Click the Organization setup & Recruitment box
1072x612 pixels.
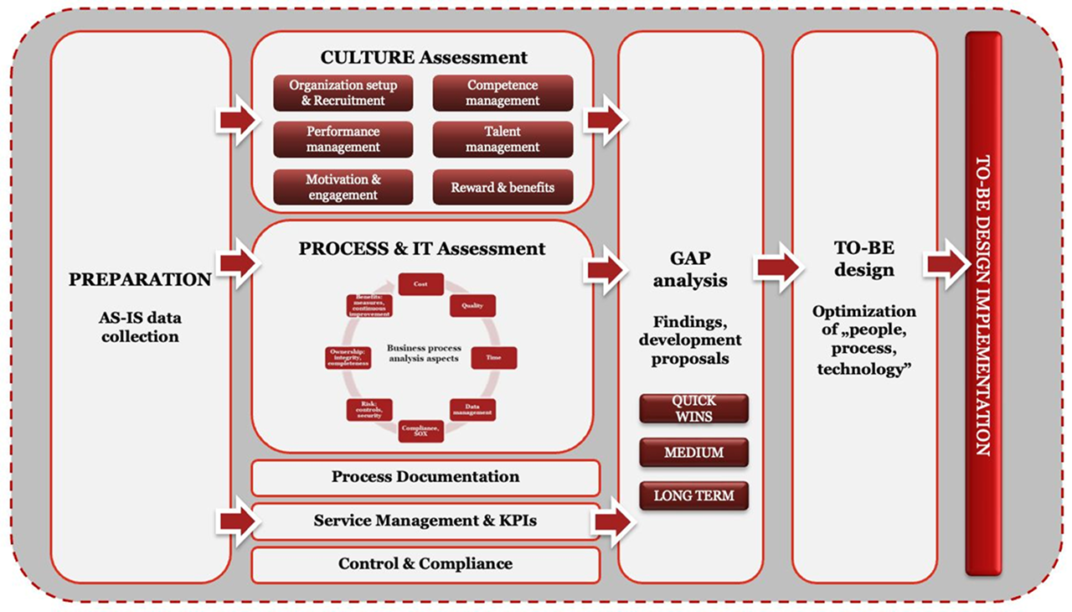click(x=343, y=93)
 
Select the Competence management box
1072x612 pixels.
click(x=502, y=93)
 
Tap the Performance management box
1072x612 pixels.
click(x=343, y=139)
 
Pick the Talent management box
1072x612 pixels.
click(x=502, y=139)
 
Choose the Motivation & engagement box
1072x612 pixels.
click(x=343, y=187)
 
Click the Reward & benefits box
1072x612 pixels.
click(x=502, y=187)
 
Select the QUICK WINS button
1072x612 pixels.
click(x=693, y=409)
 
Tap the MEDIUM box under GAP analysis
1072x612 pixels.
click(x=693, y=453)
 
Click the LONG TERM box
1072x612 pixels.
click(x=693, y=495)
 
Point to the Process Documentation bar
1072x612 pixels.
click(x=425, y=477)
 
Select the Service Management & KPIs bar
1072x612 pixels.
click(x=425, y=521)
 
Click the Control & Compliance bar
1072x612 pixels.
click(x=425, y=564)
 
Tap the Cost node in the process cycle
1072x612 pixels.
click(x=420, y=284)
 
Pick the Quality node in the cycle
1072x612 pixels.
click(x=472, y=305)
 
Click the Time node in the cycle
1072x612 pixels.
click(x=493, y=358)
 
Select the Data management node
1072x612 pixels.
click(x=472, y=409)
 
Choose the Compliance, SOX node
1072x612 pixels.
click(x=420, y=430)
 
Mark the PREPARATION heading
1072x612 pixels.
click(x=141, y=279)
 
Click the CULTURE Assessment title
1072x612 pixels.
click(x=424, y=57)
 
